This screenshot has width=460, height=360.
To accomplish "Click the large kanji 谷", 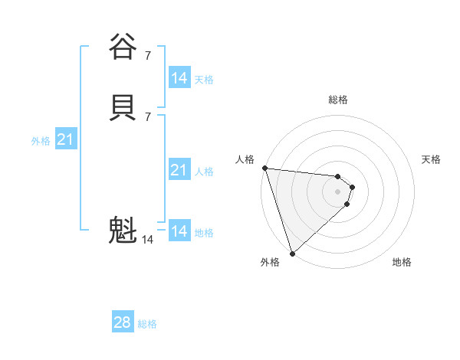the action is click(x=123, y=47).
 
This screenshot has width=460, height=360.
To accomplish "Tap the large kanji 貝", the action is click(x=123, y=107).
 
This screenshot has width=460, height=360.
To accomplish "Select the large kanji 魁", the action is click(x=123, y=230).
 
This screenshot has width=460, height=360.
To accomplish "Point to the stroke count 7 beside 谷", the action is click(x=148, y=55).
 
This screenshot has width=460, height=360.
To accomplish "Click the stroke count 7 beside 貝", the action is click(x=148, y=116).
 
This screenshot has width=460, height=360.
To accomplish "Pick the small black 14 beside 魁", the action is click(x=147, y=240).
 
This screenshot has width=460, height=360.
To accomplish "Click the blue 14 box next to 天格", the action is click(x=179, y=78).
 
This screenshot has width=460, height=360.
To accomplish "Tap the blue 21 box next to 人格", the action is click(x=179, y=171).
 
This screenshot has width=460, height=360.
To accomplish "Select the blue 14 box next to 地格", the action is click(x=179, y=231).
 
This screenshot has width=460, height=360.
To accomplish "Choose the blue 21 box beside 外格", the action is click(x=65, y=140).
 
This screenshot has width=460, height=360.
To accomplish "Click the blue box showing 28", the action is click(x=123, y=323).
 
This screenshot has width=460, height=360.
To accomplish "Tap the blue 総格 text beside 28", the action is click(x=147, y=324).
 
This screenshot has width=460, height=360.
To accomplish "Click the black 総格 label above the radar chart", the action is click(x=338, y=100).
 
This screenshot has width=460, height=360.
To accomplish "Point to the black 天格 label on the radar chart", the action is click(x=431, y=159).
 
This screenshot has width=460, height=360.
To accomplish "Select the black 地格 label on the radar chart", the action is click(x=402, y=262).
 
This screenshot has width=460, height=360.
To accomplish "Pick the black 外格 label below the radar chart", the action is click(x=270, y=262).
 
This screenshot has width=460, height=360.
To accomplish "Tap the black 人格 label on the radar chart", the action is click(x=245, y=159).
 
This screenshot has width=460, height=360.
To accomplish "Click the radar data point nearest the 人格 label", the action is click(x=264, y=168).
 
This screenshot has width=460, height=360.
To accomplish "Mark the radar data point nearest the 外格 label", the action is click(x=292, y=253).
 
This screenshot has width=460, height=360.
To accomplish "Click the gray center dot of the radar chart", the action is click(x=338, y=191).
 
